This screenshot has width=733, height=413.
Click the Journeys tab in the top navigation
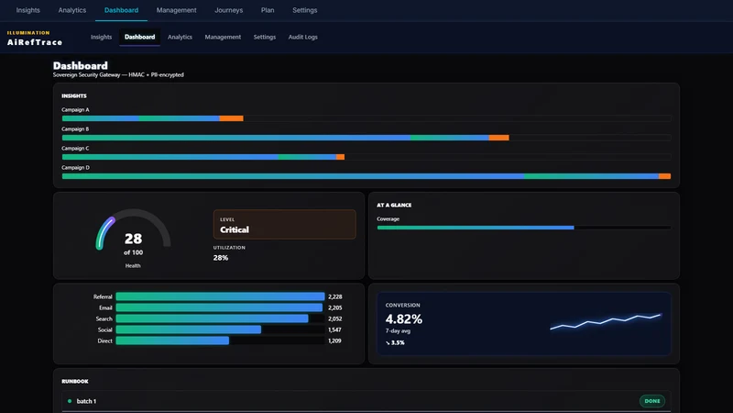click(228, 10)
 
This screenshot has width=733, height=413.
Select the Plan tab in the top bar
click(268, 10)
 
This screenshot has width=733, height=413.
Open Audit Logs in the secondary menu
click(303, 37)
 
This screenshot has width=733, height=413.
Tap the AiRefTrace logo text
click(35, 42)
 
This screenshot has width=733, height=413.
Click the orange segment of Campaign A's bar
click(232, 118)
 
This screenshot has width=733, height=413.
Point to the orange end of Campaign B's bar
click(498, 138)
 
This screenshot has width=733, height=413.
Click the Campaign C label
click(75, 149)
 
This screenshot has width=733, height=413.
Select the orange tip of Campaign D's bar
click(665, 176)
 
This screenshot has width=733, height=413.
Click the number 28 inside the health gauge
click(133, 239)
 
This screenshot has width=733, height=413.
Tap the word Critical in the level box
click(235, 230)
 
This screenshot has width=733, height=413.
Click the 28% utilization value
click(221, 258)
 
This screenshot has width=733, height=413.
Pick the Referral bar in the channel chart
click(220, 296)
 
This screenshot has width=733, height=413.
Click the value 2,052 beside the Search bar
click(335, 318)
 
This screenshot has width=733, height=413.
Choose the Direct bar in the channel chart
click(172, 340)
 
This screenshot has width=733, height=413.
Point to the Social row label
click(104, 330)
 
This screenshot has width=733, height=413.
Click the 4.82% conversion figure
click(404, 319)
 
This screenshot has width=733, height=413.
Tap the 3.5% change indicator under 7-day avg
click(395, 342)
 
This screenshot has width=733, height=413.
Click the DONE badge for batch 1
click(652, 401)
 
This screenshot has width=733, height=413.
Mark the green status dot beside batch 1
click(70, 401)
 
